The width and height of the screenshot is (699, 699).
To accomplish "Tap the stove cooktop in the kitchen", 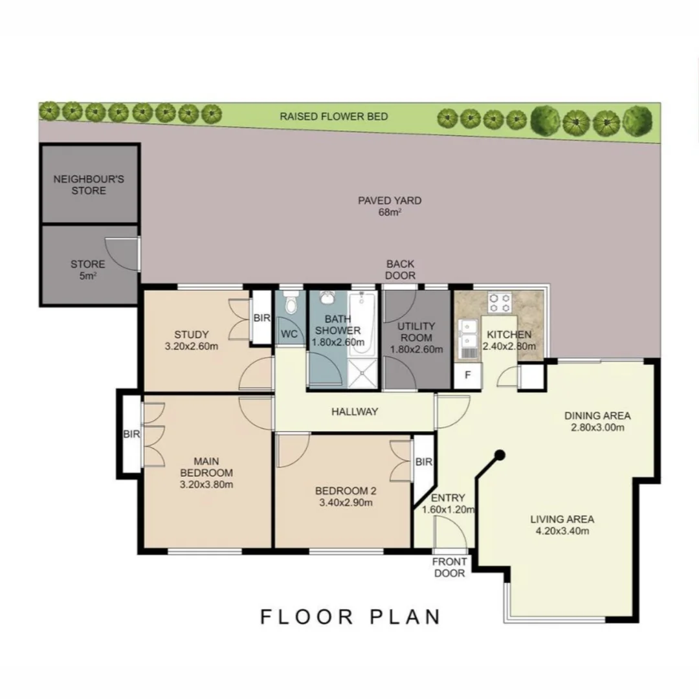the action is point(499,302).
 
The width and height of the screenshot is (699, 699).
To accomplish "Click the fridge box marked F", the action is point(468,375).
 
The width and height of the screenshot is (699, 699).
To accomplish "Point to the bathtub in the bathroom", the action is point(362,323).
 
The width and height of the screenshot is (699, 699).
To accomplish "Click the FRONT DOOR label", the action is point(449,568).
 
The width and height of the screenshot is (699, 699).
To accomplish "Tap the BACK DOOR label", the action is point(401,270).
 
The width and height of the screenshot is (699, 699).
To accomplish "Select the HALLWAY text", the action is point(355,412).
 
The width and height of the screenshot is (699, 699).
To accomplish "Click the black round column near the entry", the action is point(500,455).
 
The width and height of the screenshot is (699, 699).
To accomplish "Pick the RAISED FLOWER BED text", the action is point(334,116).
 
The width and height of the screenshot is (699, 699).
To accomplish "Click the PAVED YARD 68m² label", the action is point(390,206).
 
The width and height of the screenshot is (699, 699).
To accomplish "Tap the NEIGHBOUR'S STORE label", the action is point(89,184).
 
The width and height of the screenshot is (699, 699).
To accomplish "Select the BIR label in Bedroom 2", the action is point(423,462).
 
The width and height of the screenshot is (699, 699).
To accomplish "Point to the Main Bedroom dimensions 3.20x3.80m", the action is point(206,485).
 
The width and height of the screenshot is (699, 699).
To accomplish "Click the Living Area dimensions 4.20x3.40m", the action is point(562,531).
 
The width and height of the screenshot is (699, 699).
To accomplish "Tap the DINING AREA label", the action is point(597,416).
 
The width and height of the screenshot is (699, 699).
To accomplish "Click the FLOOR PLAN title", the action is point(350,617).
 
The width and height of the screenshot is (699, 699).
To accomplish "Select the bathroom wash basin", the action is point(327,298).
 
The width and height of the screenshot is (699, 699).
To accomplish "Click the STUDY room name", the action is point(191,335).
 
